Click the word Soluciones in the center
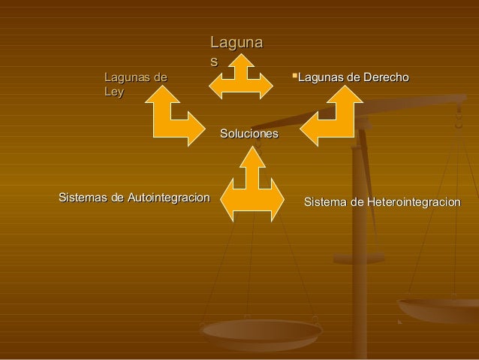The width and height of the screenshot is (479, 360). point(249,134)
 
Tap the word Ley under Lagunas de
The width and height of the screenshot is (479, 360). point(114,92)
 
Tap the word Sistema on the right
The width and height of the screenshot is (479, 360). point(326,202)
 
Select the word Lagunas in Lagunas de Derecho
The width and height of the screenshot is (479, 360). point(319,77)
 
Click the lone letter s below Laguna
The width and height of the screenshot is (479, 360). point(214,60)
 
